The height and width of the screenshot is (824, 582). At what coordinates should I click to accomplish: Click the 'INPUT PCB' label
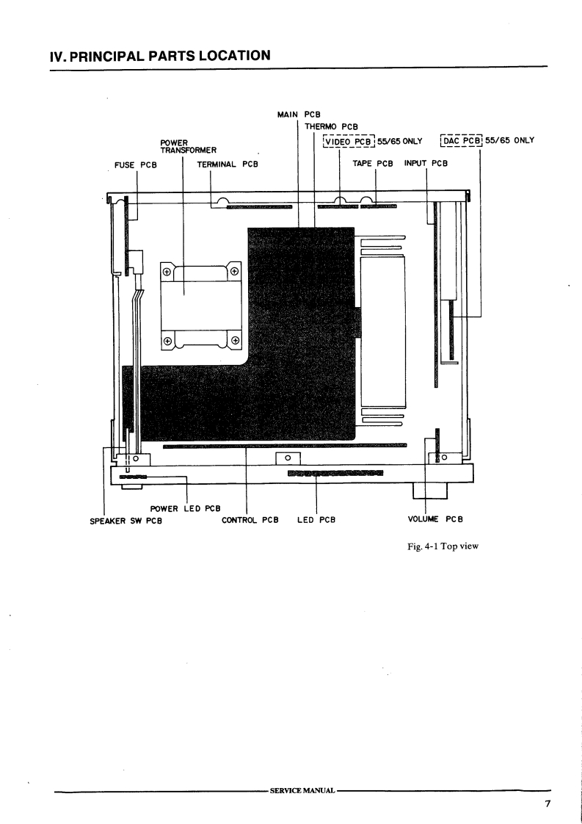click(x=426, y=163)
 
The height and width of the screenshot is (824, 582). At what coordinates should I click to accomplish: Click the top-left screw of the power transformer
click(x=167, y=272)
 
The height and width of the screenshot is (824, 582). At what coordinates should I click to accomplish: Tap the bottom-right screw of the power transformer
click(x=235, y=340)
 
